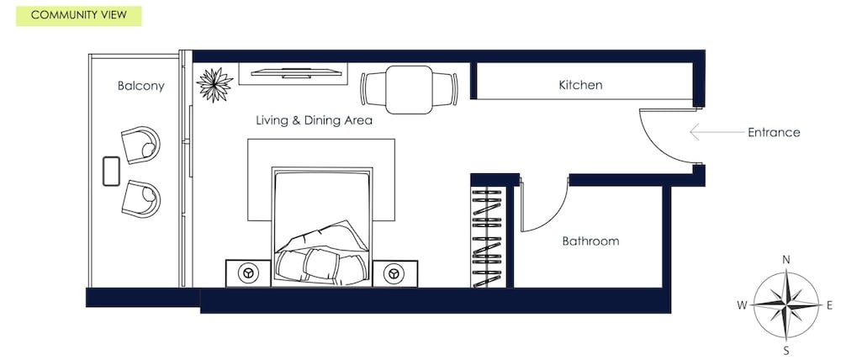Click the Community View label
pyautogui.click(x=78, y=15)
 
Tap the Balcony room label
pyautogui.click(x=141, y=86)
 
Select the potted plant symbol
pyautogui.click(x=214, y=85)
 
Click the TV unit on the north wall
pyautogui.click(x=294, y=73)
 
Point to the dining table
pyautogui.click(x=410, y=90)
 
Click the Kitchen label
pyautogui.click(x=580, y=85)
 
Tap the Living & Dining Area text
pyautogui.click(x=314, y=120)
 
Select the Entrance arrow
pyautogui.click(x=717, y=132)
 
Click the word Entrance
pyautogui.click(x=774, y=133)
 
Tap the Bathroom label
pyautogui.click(x=590, y=241)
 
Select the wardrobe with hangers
pyautogui.click(x=487, y=236)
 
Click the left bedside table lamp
pyautogui.click(x=248, y=273)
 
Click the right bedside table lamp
pyautogui.click(x=394, y=273)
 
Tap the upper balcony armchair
pyautogui.click(x=140, y=145)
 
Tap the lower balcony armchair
pyautogui.click(x=141, y=199)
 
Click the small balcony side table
pyautogui.click(x=111, y=171)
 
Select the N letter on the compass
pyautogui.click(x=786, y=260)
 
